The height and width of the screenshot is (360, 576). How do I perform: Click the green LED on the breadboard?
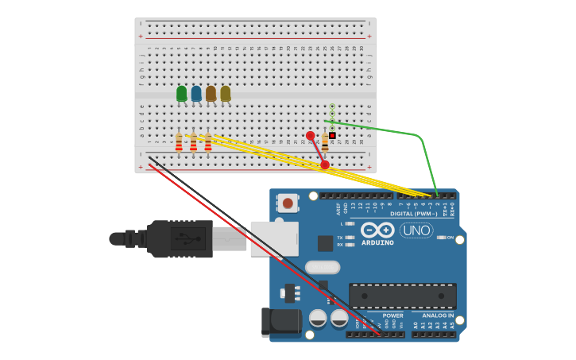tap(181, 94)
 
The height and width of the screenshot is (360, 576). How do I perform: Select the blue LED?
tap(196, 94)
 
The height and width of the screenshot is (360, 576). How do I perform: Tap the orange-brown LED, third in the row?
tap(211, 94)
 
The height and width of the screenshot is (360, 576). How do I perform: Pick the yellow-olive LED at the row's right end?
tap(226, 94)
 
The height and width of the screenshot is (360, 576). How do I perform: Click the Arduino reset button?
tap(287, 203)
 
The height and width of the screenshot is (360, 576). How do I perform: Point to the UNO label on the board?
tap(416, 230)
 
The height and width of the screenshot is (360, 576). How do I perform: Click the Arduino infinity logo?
tap(377, 230)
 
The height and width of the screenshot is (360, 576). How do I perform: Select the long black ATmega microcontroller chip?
tap(402, 296)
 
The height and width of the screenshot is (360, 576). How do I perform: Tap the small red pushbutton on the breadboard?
tap(332, 136)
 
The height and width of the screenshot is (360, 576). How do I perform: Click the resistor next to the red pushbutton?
tap(325, 145)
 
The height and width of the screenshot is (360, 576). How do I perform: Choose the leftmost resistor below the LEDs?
tap(179, 143)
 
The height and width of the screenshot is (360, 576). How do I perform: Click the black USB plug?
tap(179, 238)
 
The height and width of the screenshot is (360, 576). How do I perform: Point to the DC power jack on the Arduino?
tap(281, 322)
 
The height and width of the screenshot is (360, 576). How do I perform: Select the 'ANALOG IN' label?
tap(438, 315)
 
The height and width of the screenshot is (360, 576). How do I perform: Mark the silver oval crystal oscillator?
tap(322, 267)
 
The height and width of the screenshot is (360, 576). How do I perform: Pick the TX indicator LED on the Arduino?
tap(350, 237)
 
